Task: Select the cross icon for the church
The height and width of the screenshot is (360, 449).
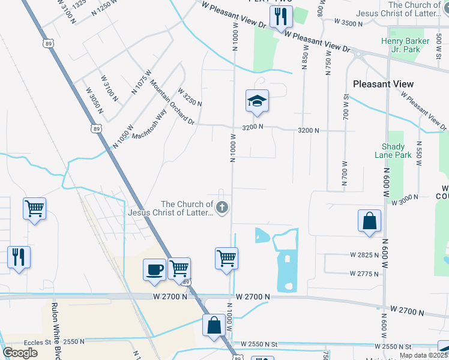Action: [x=222, y=208]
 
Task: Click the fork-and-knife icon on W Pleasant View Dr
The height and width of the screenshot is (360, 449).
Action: [x=280, y=16]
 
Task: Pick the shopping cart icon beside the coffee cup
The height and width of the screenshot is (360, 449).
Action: [x=179, y=268]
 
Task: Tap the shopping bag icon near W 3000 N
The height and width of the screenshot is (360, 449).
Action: [x=370, y=221]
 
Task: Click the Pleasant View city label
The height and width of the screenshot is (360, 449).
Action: [x=383, y=84]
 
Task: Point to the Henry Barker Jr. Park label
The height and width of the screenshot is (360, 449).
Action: [x=406, y=46]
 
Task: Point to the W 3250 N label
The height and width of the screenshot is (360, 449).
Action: [x=190, y=97]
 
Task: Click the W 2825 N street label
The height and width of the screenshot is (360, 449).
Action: [x=365, y=254]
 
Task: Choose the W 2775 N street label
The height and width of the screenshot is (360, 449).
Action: [x=365, y=274]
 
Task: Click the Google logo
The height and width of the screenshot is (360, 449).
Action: [x=20, y=353]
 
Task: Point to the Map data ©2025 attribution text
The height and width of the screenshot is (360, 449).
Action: [x=424, y=355]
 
